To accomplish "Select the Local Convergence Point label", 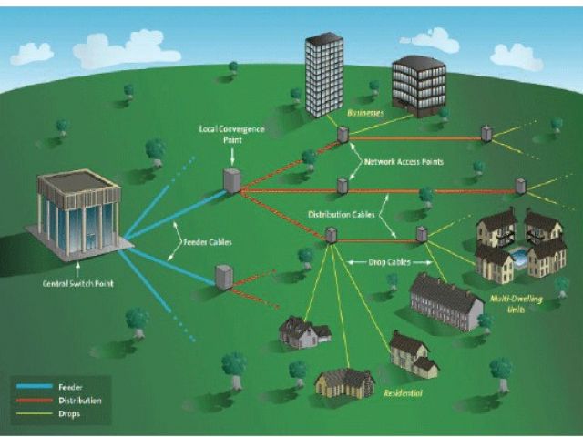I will (x=231, y=134).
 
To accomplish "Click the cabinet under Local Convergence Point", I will (x=232, y=179).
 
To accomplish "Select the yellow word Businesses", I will (x=366, y=113).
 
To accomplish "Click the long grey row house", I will (x=445, y=301).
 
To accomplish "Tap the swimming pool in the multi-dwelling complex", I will (x=520, y=259).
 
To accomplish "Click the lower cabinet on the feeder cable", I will (x=223, y=276).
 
